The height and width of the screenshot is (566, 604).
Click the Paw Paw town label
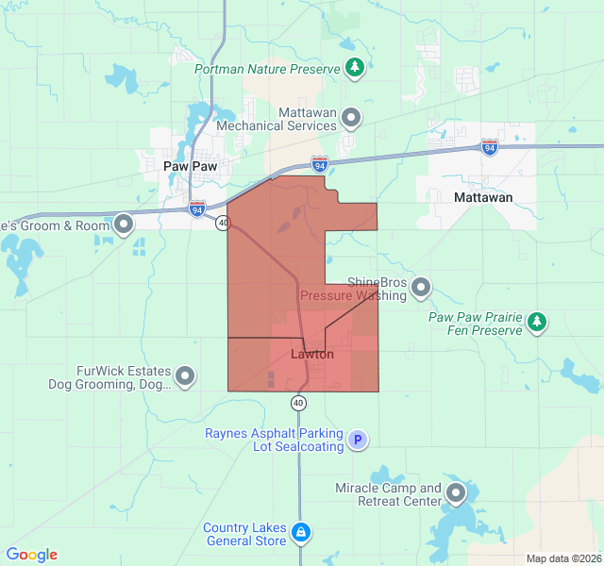coord(190,165)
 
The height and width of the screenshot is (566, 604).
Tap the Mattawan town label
coord(483,197)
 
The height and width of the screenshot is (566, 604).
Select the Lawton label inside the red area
coord(311,355)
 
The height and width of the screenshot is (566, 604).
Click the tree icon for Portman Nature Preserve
coord(354,67)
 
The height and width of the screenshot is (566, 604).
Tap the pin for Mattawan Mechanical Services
coord(351,118)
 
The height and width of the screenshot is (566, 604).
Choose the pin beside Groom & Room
coord(124,225)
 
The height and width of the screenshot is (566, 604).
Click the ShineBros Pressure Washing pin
coord(421,287)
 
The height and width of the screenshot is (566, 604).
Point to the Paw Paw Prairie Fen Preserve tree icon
coord(537,323)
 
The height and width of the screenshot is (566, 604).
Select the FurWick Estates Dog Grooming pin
coord(186,377)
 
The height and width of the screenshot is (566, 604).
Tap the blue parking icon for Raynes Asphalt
coord(357,440)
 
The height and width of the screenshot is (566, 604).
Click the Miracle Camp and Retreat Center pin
coord(457,493)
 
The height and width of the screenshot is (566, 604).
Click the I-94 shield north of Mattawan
coord(489,147)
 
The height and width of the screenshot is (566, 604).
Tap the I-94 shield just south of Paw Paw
coord(196,208)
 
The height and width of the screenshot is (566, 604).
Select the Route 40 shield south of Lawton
coord(298,403)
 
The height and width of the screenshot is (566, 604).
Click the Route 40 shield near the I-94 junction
coord(222,223)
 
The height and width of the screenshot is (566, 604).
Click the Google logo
coord(31,555)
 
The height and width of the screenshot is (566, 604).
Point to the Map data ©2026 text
coord(562,558)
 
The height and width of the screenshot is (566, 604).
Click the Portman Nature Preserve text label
coord(268,69)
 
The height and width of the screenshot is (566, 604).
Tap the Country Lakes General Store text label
coord(244,534)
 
